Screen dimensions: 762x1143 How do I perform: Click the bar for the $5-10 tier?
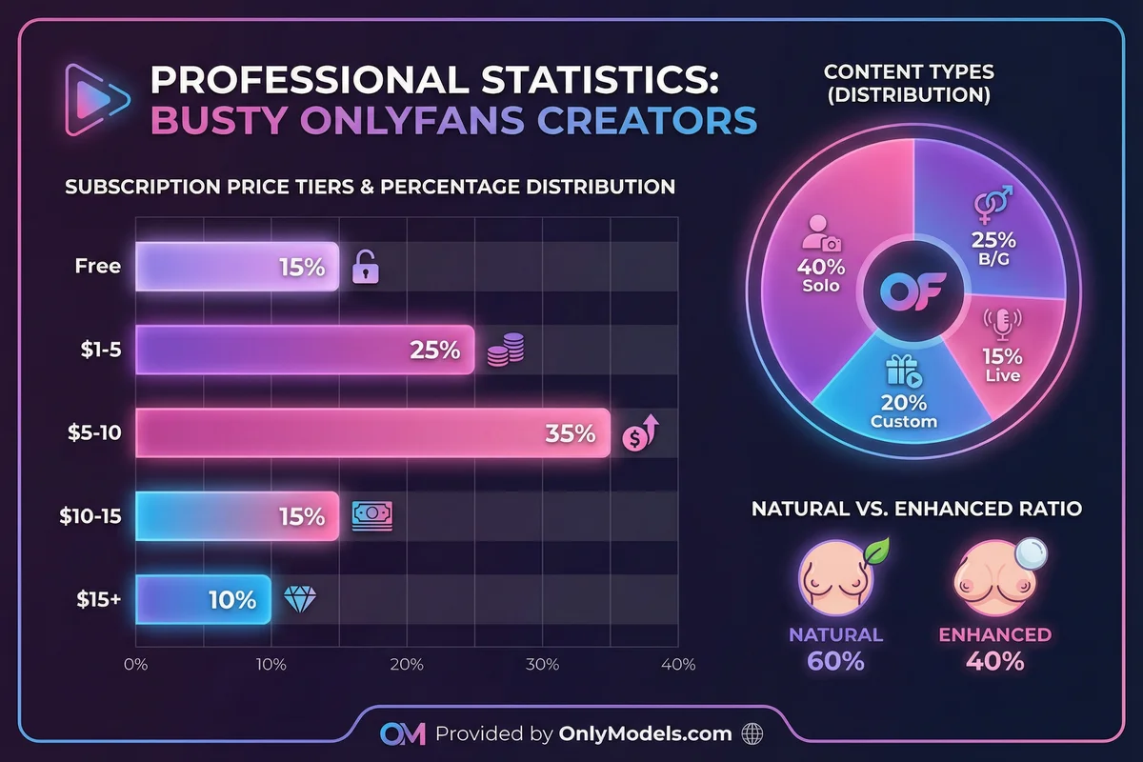tap(371, 433)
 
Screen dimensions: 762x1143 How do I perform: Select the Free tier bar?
tap(236, 266)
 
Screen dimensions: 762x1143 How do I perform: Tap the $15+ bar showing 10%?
tap(203, 600)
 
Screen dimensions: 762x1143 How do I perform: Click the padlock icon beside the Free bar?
tap(366, 268)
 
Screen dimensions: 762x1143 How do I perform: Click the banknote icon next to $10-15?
tap(371, 515)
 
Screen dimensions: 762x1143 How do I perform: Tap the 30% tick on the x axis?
tap(542, 664)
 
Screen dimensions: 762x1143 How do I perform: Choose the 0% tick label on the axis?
tap(136, 664)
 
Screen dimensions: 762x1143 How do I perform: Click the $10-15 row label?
tap(89, 516)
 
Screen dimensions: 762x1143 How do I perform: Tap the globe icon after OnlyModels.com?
tap(752, 734)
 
